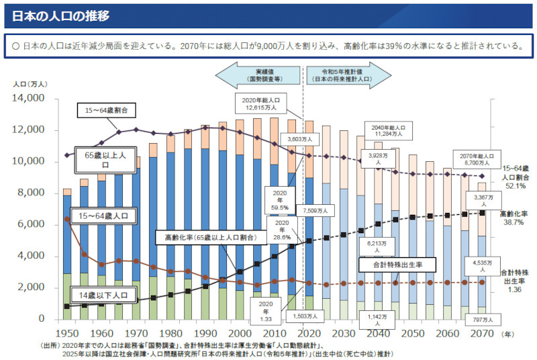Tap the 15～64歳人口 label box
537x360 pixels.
point(107,217)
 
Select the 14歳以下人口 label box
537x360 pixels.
point(103,294)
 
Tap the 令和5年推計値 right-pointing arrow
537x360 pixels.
point(348,75)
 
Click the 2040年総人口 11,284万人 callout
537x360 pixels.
point(388,130)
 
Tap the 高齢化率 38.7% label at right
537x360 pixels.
point(514,216)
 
